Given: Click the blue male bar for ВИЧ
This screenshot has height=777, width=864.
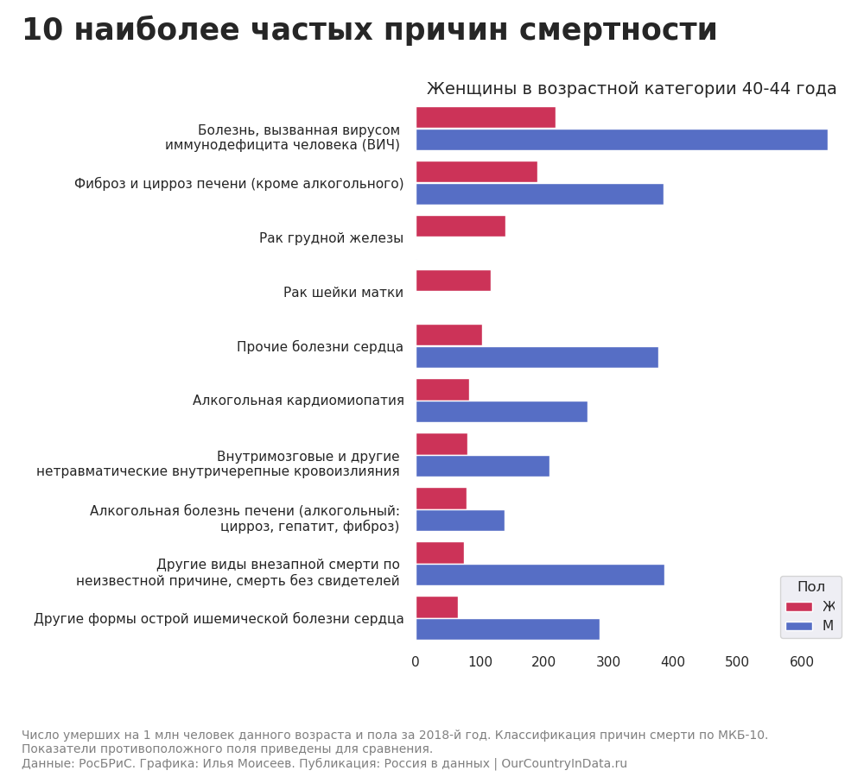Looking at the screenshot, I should coord(621,140).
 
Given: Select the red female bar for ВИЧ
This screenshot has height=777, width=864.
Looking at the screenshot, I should coord(486,117).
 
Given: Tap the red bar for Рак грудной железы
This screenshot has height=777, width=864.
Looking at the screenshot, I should coord(461,226).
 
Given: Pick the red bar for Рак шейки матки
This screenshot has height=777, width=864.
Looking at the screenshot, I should coord(453,281).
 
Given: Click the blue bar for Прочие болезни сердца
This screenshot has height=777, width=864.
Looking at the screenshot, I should coord(537,357).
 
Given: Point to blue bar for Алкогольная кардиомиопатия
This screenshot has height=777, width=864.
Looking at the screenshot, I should coord(501,412).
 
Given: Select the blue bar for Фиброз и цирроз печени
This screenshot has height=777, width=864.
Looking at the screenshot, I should coord(539,194).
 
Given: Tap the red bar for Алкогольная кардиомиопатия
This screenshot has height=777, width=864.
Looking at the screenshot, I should coord(442,389).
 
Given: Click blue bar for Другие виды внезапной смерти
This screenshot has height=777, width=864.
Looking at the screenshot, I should coord(540,575).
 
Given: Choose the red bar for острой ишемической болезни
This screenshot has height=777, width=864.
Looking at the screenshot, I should coord(436,607).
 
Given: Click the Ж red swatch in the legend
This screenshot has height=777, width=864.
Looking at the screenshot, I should coord(799,607).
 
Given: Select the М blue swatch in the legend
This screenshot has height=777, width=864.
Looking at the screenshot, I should coord(799,626).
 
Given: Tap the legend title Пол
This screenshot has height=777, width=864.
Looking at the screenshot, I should coord(810,587).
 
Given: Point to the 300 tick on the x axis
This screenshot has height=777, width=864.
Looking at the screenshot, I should coord(608,662).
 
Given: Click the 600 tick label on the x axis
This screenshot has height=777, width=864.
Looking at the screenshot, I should coord(801,662).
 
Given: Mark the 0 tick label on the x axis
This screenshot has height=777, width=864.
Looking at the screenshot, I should coord(416,662).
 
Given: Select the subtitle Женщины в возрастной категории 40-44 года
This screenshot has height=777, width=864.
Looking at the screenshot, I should coord(632,89).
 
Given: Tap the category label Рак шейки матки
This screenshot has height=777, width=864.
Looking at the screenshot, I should coord(343,293).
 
